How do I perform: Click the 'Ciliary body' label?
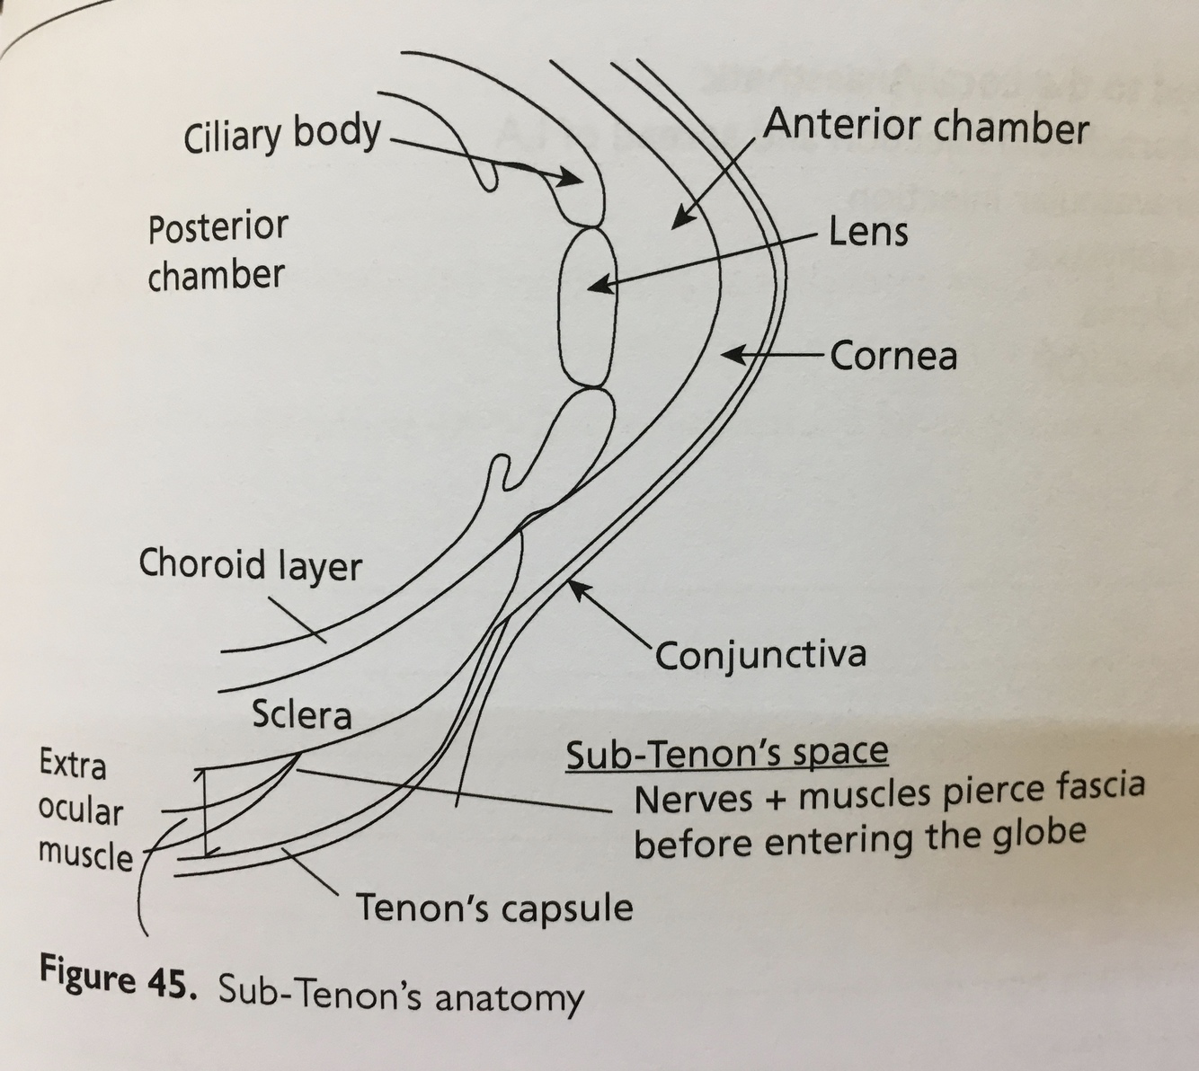281,135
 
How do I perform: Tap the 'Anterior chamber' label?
926,127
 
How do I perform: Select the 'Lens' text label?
867,233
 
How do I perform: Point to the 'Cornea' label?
893,357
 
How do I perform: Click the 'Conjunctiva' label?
760,654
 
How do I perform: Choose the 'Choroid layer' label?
250,565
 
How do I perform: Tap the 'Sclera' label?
301,714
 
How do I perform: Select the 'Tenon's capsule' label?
494,908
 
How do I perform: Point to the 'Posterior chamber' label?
218,251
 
